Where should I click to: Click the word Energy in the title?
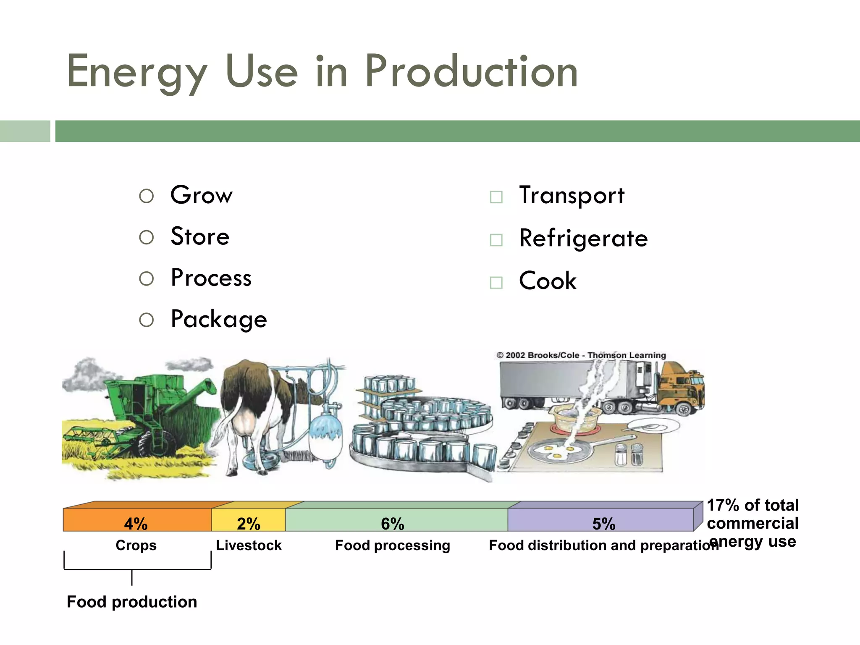pos(137,72)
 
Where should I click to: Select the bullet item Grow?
pos(201,195)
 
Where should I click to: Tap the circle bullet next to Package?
pos(146,320)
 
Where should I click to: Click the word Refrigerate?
pos(583,239)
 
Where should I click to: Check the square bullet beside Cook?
pos(496,282)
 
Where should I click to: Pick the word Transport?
pos(572,196)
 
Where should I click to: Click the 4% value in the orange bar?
pos(136,524)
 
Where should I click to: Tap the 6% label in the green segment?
pos(393,524)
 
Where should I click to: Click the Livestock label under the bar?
pos(249,545)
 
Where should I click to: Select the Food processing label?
pos(393,545)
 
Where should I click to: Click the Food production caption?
pos(132,602)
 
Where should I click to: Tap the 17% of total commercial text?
pos(752,514)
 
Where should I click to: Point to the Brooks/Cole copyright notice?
pos(581,355)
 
